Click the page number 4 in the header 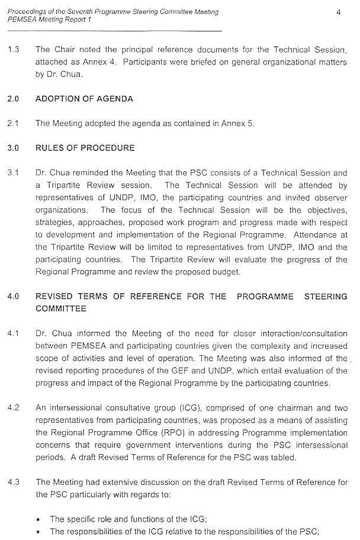tap(338, 12)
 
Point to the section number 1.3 tap(13, 50)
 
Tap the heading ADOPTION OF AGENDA tap(84, 99)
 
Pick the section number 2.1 tap(13, 123)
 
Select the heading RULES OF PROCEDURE tap(85, 147)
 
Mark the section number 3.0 tap(13, 147)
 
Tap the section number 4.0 tap(13, 297)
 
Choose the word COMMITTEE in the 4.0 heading tap(61, 308)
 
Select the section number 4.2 tap(13, 408)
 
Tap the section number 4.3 tap(13, 482)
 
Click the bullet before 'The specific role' tap(38, 519)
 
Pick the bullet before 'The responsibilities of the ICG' tap(38, 532)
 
